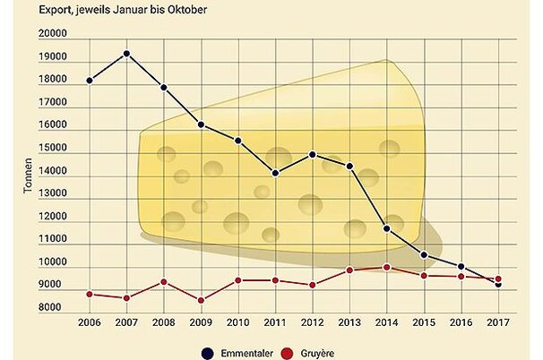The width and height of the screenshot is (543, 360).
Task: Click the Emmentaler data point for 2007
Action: tap(127, 54)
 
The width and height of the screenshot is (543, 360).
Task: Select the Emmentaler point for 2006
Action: tap(90, 81)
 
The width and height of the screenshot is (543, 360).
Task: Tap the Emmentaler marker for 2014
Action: tap(386, 228)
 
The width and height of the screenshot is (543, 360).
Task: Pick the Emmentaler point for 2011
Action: tap(275, 173)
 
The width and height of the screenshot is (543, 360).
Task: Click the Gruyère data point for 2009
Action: tap(201, 300)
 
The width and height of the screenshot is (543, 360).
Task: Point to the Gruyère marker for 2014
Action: tap(386, 267)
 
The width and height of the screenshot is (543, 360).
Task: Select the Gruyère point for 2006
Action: tap(90, 294)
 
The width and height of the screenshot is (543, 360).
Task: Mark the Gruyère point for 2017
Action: tap(498, 279)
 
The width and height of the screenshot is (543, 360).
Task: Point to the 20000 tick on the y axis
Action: tap(53, 34)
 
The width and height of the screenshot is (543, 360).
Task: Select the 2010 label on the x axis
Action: tap(237, 322)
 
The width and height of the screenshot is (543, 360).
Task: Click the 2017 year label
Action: tap(498, 322)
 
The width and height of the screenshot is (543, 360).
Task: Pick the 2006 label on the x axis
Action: tap(90, 322)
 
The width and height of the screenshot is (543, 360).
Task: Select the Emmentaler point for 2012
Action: tap(312, 154)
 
